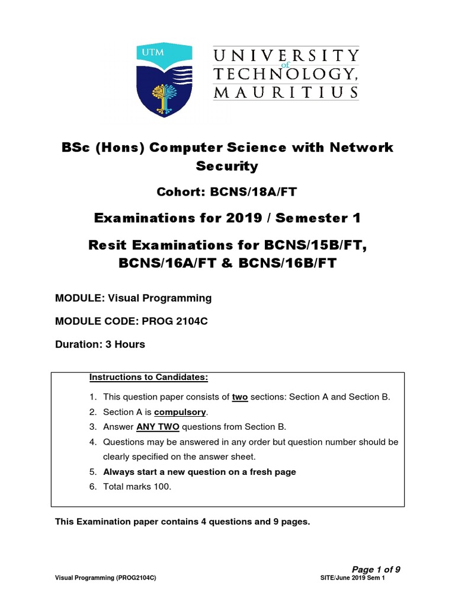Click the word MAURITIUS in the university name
pyautogui.click(x=286, y=92)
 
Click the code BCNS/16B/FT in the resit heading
pyautogui.click(x=287, y=263)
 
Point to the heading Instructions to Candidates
pyautogui.click(x=149, y=377)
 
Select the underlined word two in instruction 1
pyautogui.click(x=240, y=397)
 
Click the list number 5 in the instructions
pyautogui.click(x=92, y=472)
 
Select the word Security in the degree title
pyautogui.click(x=227, y=166)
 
